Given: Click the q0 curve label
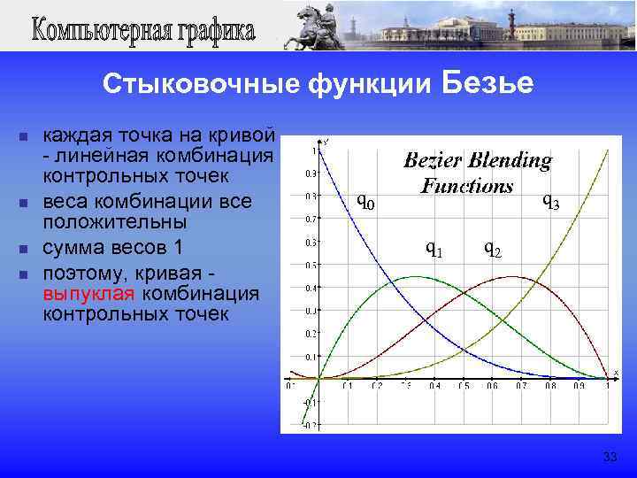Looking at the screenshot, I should [365, 203].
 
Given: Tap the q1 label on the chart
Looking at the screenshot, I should [434, 249].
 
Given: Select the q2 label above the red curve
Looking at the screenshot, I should [493, 249].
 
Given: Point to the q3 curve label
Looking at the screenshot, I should [550, 203].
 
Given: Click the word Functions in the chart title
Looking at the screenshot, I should [466, 186].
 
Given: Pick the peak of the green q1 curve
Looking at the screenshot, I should [415, 277].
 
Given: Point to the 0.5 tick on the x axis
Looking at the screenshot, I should [463, 386].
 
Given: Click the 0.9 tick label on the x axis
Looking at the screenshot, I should [579, 386].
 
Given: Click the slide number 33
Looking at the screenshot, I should [609, 457].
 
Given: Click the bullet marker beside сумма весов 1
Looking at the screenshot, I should [24, 249].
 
